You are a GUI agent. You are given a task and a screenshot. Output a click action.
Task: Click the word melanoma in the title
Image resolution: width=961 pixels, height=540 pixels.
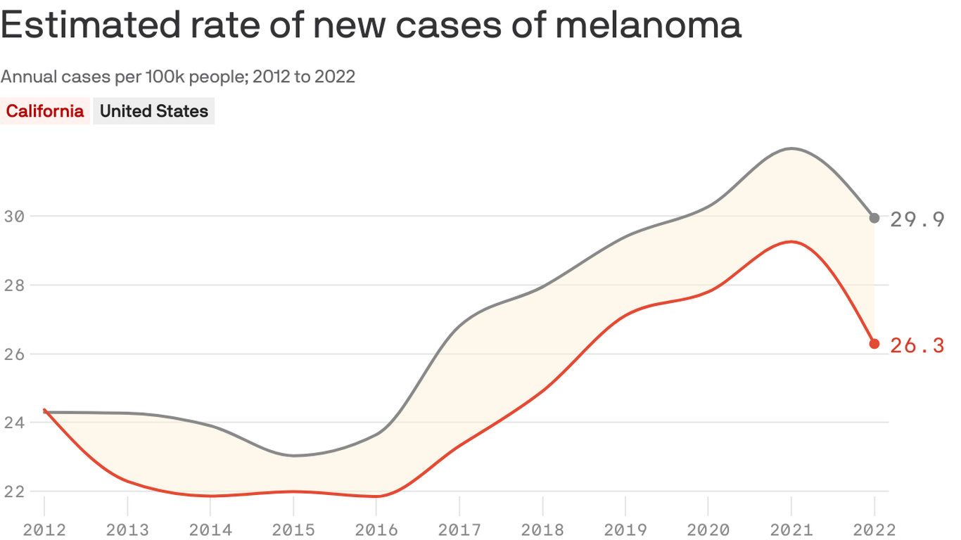click(647, 25)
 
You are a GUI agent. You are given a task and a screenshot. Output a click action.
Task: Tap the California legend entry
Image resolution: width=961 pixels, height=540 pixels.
click(45, 111)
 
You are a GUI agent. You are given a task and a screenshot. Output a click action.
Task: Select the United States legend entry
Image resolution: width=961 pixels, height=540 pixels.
click(153, 111)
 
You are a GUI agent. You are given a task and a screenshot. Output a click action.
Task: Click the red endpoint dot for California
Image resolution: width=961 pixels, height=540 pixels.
click(874, 344)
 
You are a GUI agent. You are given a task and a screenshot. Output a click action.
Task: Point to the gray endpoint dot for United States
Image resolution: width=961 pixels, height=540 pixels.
click(874, 218)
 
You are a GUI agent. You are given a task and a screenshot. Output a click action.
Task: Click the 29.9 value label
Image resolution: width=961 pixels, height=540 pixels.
click(917, 219)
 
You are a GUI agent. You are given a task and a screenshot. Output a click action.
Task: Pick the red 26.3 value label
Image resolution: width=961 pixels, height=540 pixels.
click(917, 345)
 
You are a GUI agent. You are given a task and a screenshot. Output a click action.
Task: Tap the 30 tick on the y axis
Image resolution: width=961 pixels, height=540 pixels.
click(15, 216)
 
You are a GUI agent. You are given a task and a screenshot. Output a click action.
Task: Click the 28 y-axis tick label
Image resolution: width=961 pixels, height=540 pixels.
click(15, 285)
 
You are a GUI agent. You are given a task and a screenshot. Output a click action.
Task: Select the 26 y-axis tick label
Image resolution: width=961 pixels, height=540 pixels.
click(15, 354)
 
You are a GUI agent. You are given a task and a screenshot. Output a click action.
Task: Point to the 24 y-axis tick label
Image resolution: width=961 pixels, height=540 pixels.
click(15, 423)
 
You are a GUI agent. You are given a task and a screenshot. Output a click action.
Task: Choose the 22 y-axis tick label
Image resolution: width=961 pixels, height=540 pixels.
click(15, 491)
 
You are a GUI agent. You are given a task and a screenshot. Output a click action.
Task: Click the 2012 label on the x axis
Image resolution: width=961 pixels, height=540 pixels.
click(44, 529)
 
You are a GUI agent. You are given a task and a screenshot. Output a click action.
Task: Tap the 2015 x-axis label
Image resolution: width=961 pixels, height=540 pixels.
click(293, 529)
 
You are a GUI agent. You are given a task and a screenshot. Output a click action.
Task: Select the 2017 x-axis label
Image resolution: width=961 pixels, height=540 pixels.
click(459, 529)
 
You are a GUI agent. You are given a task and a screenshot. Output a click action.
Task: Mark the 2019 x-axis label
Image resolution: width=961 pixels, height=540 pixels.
click(625, 529)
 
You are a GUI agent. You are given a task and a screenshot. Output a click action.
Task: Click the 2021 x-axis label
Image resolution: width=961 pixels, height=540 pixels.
click(791, 529)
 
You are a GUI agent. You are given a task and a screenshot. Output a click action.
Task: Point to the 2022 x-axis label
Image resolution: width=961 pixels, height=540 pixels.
click(874, 529)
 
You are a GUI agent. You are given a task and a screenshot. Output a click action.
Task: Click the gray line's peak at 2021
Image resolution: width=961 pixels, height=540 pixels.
click(791, 148)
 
